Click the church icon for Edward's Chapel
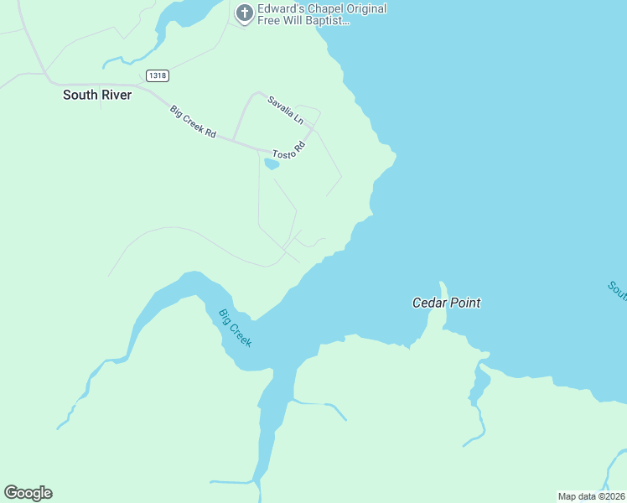click(x=244, y=13)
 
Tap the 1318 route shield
click(x=157, y=75)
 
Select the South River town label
click(x=97, y=96)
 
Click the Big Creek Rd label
click(x=193, y=122)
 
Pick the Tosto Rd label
click(x=289, y=151)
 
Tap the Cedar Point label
click(x=446, y=303)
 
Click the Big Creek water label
click(x=235, y=328)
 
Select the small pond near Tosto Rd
click(x=272, y=164)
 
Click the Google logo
click(x=28, y=493)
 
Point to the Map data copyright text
click(x=591, y=496)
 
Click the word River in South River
click(x=116, y=96)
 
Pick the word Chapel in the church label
click(x=326, y=8)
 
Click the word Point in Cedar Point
click(x=464, y=303)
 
